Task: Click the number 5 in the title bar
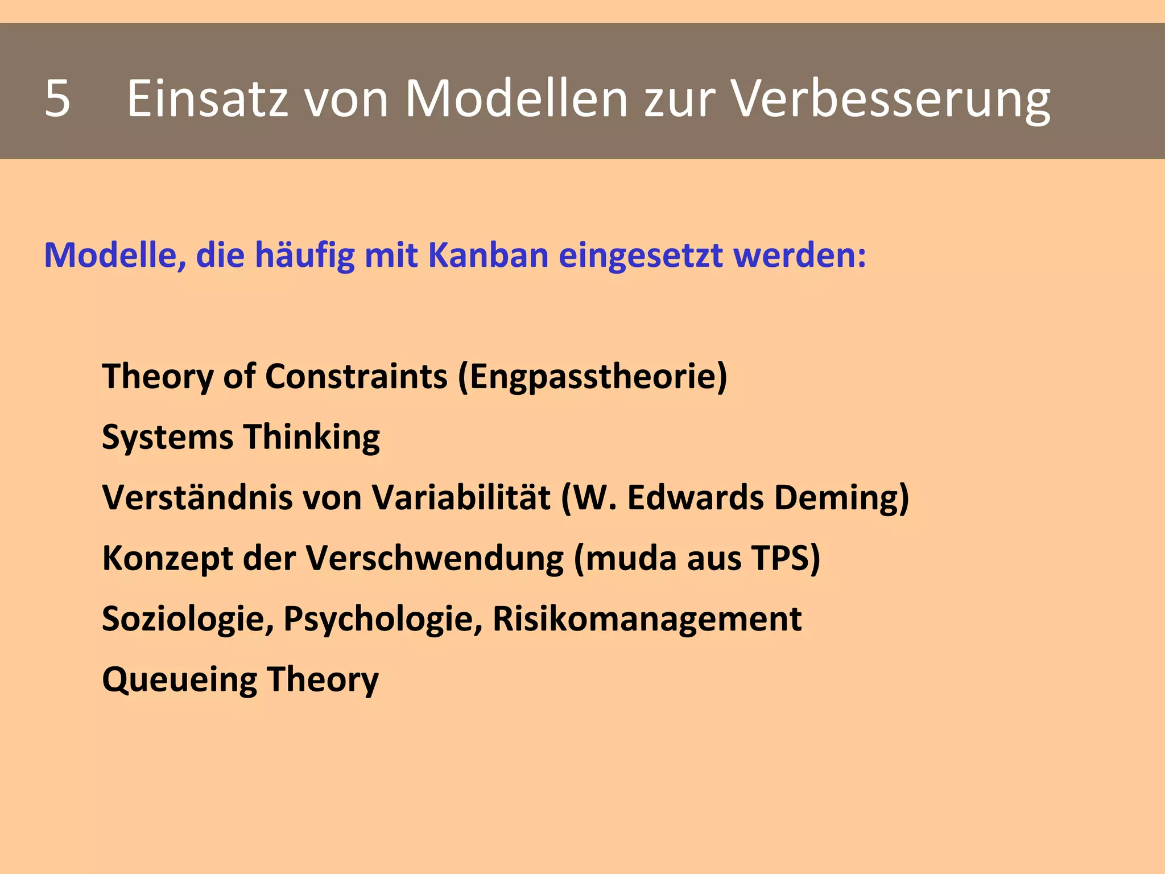pos(57,98)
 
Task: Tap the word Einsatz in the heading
pos(207,98)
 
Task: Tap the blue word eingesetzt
pos(641,255)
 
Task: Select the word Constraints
pos(356,377)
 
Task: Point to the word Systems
pos(168,438)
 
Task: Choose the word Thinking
pos(312,438)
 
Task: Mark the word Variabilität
pos(461,497)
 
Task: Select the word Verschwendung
pos(435,559)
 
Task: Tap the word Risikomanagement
pos(647,619)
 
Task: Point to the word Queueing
pos(180,680)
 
